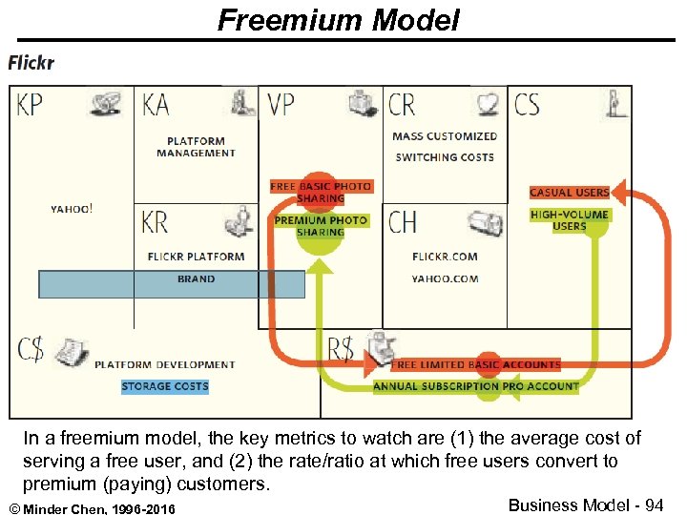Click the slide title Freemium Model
click(x=338, y=19)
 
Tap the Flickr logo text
click(x=31, y=64)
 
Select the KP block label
click(x=30, y=104)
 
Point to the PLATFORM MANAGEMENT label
click(x=196, y=147)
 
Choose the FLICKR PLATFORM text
click(x=196, y=257)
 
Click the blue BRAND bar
click(x=172, y=283)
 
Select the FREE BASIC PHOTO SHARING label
click(x=321, y=192)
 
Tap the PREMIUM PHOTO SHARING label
click(x=321, y=226)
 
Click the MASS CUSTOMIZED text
click(x=445, y=136)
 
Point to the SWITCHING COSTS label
click(x=445, y=157)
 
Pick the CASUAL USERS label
click(x=569, y=193)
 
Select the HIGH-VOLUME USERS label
click(x=569, y=220)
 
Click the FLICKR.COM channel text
click(x=445, y=257)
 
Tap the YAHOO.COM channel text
click(x=445, y=279)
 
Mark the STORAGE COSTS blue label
click(x=165, y=386)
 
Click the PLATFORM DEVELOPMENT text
click(x=165, y=364)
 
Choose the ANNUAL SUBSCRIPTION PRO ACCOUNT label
click(x=475, y=386)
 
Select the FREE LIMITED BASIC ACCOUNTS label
click(x=475, y=364)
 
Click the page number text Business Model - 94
click(x=586, y=505)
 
